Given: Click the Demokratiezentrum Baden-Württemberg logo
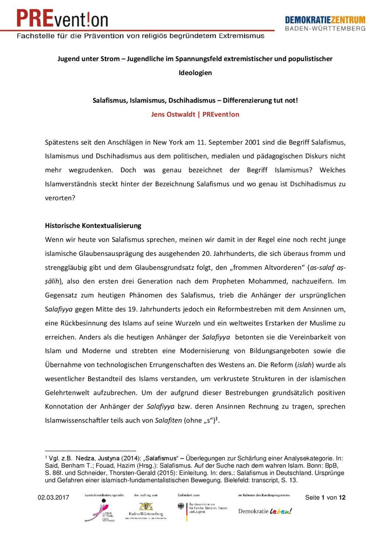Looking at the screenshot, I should point(325,23).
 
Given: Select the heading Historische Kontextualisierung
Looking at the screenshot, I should point(93,225).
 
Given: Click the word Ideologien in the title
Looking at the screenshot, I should point(195,73).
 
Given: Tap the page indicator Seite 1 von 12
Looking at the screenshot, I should point(325,498).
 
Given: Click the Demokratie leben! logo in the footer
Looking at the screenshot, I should point(265,511).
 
